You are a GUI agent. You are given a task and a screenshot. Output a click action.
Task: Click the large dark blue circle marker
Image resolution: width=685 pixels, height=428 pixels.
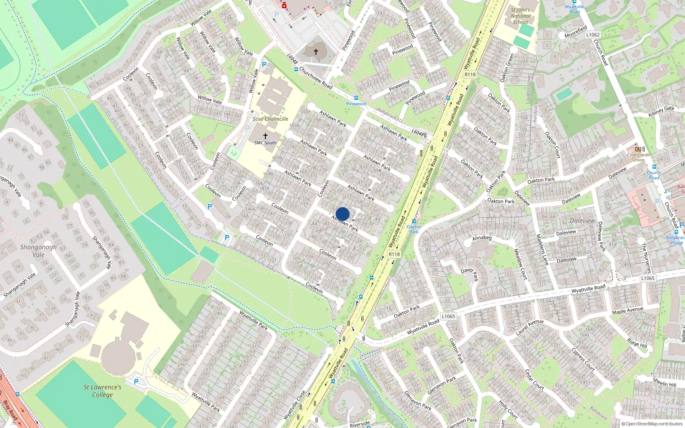[x=342, y=214]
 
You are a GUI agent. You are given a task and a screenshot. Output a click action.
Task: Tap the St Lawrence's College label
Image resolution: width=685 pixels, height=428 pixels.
[x=102, y=391]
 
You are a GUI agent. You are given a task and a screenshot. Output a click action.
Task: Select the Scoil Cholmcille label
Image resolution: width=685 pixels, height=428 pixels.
[x=270, y=119]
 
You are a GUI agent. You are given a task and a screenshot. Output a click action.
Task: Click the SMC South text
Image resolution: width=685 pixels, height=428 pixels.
[x=265, y=143]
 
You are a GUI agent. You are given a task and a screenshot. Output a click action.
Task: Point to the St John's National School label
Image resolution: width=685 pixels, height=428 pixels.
[x=520, y=16]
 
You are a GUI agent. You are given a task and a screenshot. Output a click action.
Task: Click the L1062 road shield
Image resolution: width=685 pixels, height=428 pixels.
[x=593, y=35]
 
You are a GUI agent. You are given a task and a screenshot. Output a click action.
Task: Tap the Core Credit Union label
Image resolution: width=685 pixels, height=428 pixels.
[x=638, y=157]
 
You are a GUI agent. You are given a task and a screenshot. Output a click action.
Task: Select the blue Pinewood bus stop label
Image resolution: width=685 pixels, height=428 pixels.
[x=356, y=104]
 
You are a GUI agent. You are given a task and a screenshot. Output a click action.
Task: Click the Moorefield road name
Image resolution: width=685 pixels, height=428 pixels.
[x=575, y=32]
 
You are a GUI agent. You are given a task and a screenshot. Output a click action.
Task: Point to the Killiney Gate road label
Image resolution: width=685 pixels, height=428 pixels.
[x=661, y=111]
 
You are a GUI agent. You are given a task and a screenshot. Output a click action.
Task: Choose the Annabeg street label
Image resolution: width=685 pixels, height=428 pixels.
[x=482, y=238]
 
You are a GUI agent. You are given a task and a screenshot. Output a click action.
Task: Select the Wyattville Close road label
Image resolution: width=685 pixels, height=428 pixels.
[x=295, y=405]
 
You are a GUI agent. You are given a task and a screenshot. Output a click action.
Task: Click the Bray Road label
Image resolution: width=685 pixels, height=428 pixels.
[x=9, y=410]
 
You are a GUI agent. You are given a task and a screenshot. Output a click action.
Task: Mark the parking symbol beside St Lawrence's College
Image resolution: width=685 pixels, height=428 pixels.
[x=136, y=381]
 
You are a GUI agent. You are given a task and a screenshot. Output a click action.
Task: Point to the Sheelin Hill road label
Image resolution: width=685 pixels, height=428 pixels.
[x=664, y=382]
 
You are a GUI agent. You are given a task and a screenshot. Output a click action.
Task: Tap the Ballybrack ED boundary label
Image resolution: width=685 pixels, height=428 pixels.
[x=390, y=115]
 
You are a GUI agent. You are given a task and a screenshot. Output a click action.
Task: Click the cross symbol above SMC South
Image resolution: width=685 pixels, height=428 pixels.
[x=265, y=136]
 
